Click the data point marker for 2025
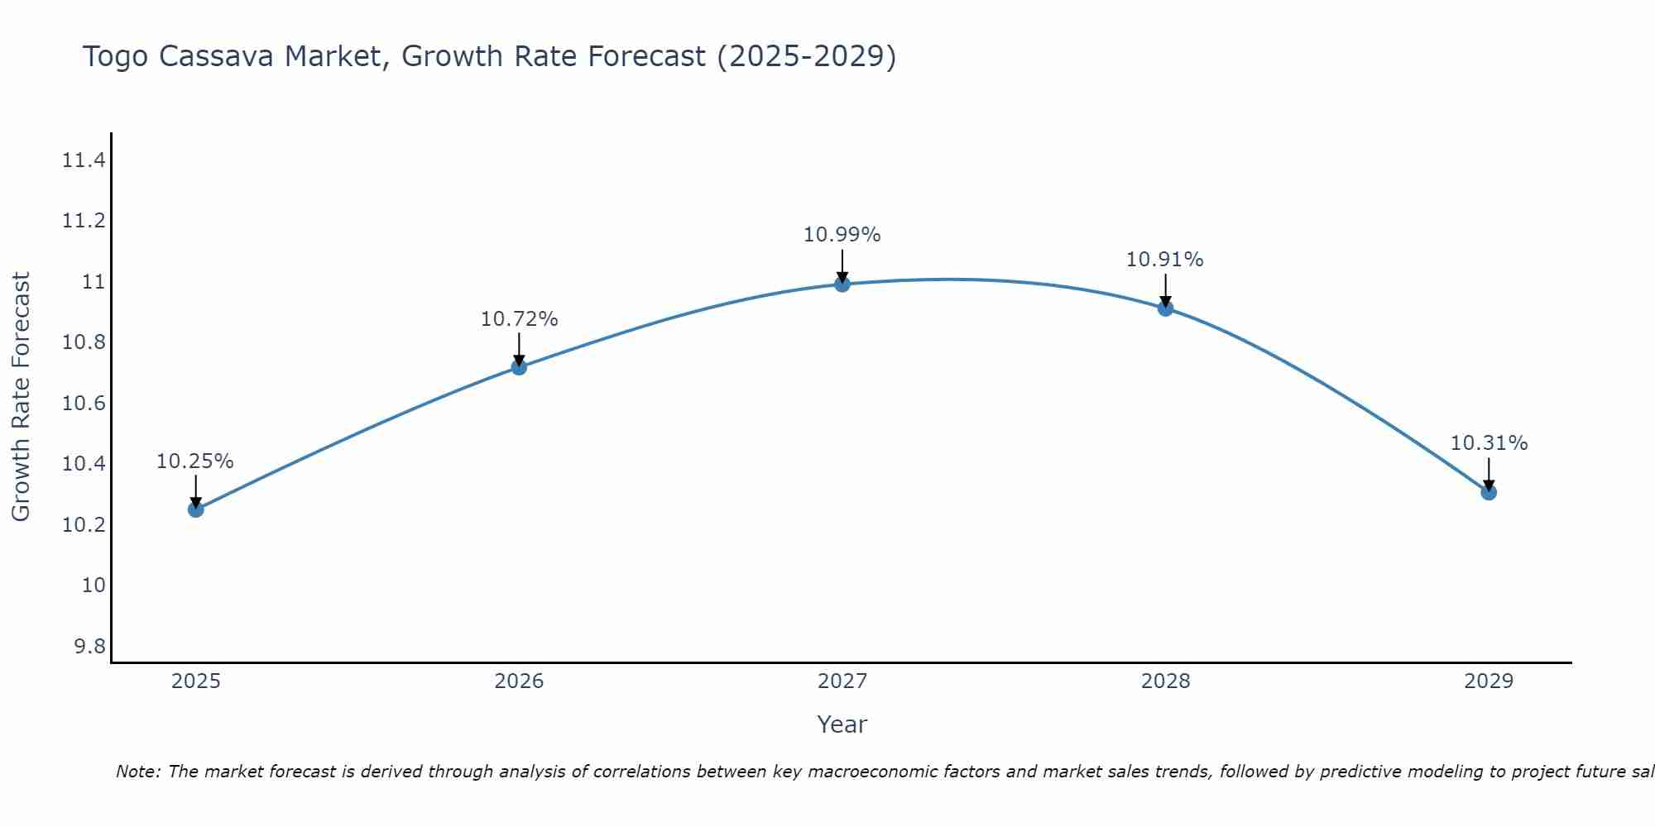click(x=195, y=509)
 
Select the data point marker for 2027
click(x=842, y=284)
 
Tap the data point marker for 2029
click(x=1489, y=492)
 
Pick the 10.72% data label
click(x=519, y=319)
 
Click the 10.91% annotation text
click(x=1164, y=260)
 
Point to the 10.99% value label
click(x=842, y=235)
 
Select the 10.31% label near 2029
click(x=1489, y=443)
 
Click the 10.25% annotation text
click(x=195, y=461)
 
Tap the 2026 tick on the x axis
click(x=519, y=681)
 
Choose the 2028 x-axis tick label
click(x=1165, y=681)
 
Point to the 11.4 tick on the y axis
click(x=84, y=160)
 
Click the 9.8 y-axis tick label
click(x=90, y=647)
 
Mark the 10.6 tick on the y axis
click(x=84, y=404)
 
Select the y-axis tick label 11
click(x=94, y=282)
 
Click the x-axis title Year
click(x=842, y=724)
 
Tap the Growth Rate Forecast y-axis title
click(x=21, y=397)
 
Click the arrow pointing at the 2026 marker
click(x=519, y=350)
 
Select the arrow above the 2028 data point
click(x=1165, y=291)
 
